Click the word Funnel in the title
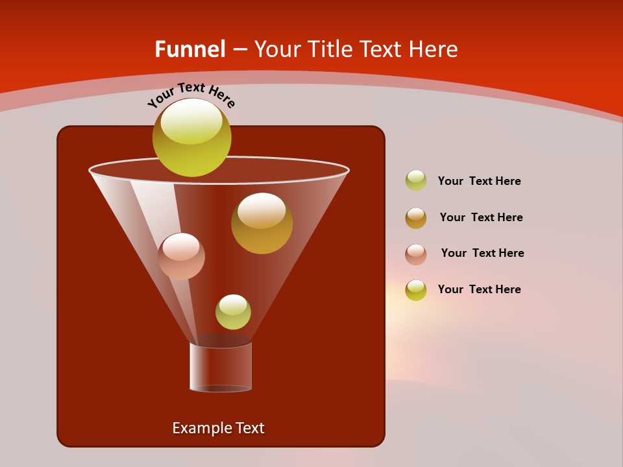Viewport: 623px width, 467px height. pyautogui.click(x=189, y=49)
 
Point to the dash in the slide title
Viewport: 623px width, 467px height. pyautogui.click(x=239, y=49)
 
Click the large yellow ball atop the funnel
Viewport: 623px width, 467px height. pyautogui.click(x=191, y=137)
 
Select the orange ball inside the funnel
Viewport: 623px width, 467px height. pyautogui.click(x=262, y=223)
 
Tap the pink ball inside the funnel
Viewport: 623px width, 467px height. pyautogui.click(x=181, y=256)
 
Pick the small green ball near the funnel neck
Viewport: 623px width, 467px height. pyautogui.click(x=233, y=312)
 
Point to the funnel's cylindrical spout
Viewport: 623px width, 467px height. pyautogui.click(x=221, y=367)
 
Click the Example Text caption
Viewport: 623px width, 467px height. pyautogui.click(x=219, y=428)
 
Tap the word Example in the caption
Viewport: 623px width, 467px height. pyautogui.click(x=200, y=428)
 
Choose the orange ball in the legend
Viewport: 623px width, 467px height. pyautogui.click(x=416, y=218)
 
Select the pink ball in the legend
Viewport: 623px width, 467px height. pyautogui.click(x=416, y=254)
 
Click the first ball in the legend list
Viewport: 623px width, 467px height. pyautogui.click(x=416, y=180)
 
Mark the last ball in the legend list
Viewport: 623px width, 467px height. pyautogui.click(x=416, y=290)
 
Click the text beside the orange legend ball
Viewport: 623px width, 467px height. pyautogui.click(x=481, y=217)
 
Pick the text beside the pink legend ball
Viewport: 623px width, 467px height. pyautogui.click(x=482, y=253)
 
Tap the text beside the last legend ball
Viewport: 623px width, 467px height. pyautogui.click(x=479, y=289)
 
